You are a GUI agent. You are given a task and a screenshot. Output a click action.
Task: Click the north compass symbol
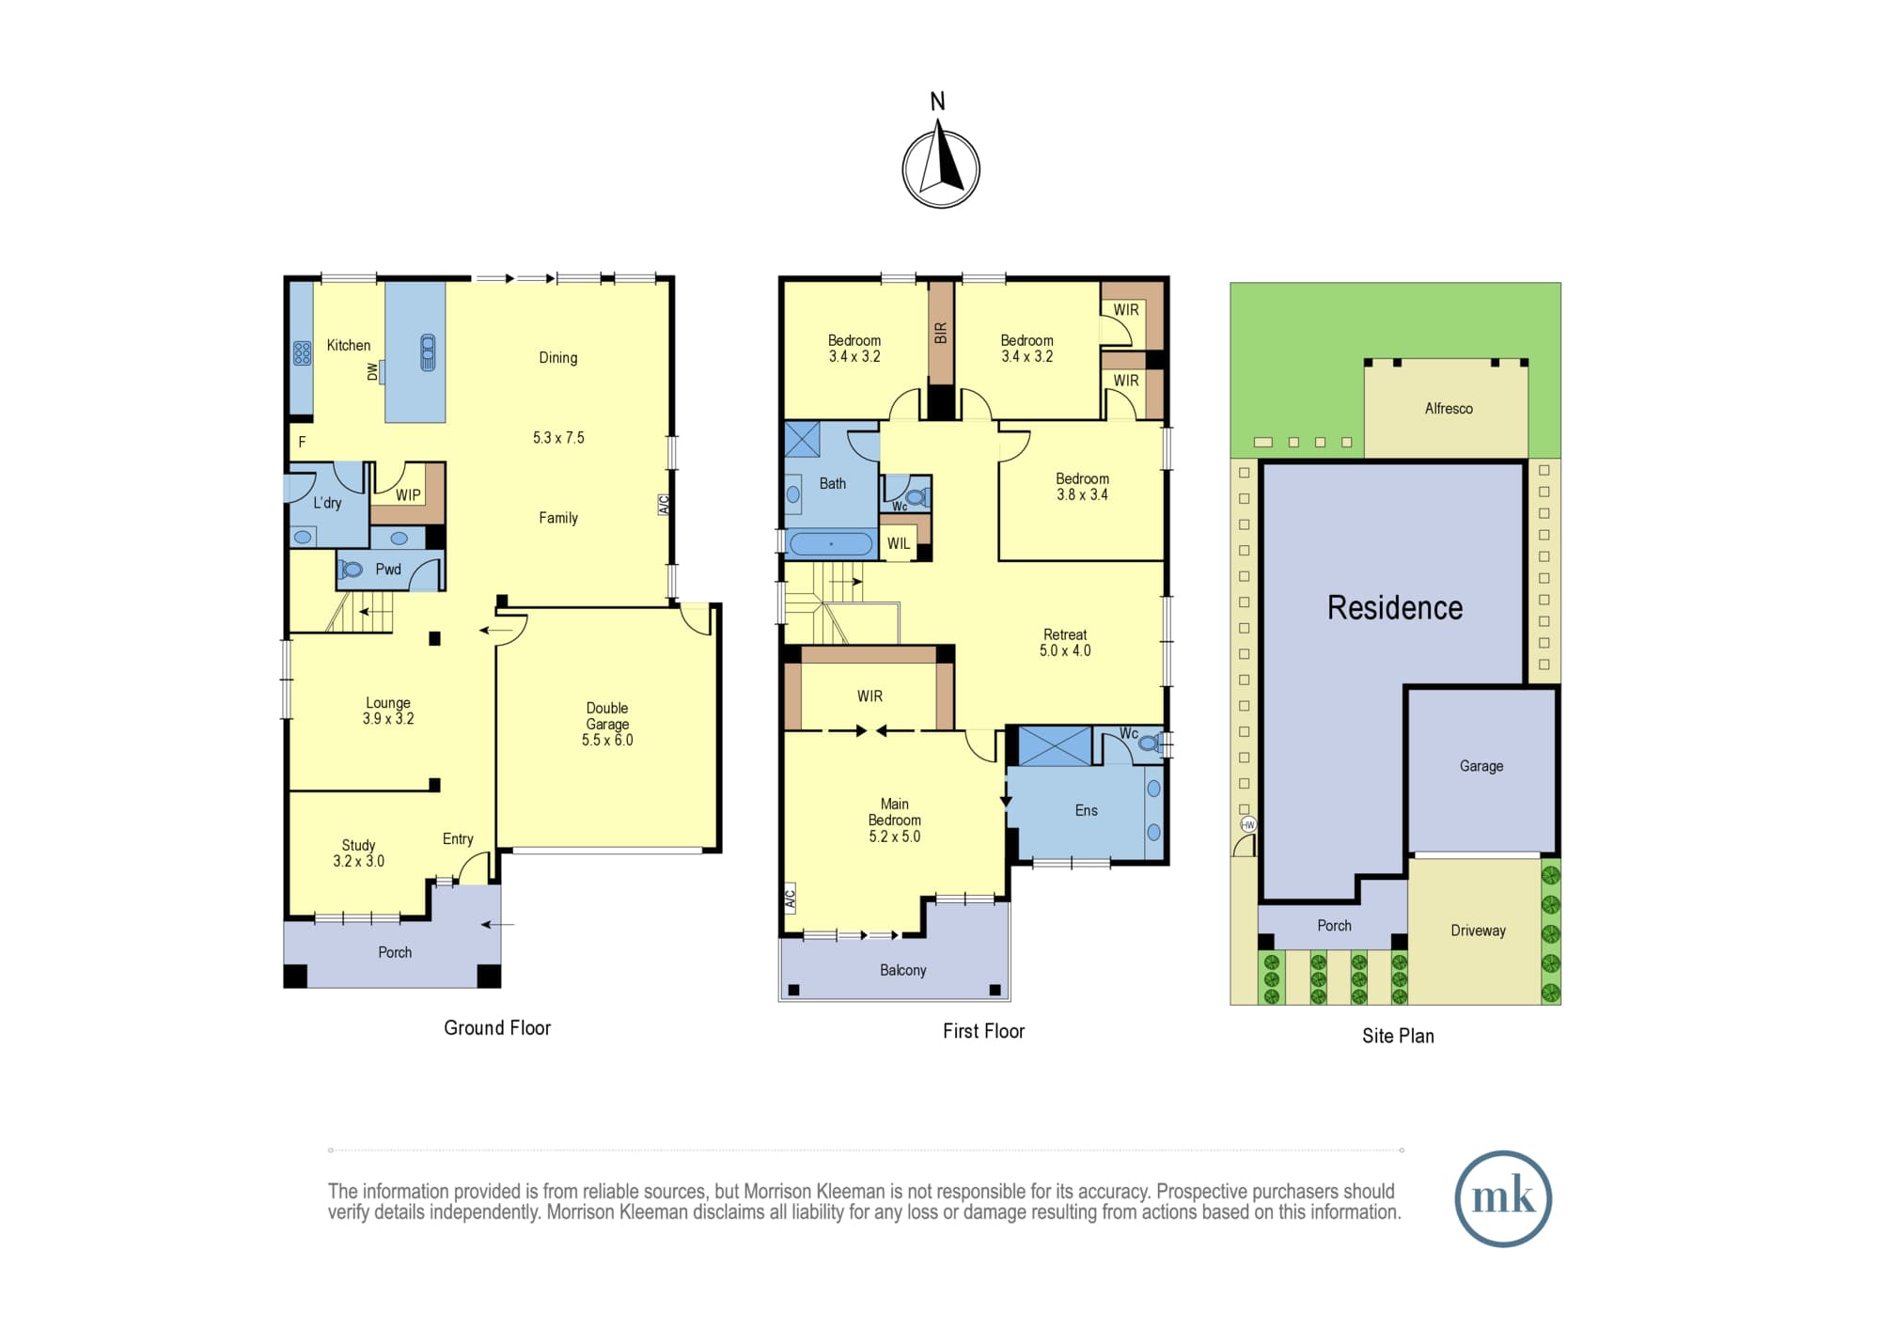(x=941, y=168)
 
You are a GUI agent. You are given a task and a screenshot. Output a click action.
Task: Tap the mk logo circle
(x=1503, y=1198)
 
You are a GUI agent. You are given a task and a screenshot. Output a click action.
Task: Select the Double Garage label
(x=607, y=724)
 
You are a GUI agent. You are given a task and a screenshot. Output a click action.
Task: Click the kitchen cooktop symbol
(x=302, y=353)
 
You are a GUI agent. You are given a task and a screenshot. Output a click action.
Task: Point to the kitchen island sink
(x=428, y=352)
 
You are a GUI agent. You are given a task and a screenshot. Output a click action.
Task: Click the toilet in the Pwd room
(x=352, y=570)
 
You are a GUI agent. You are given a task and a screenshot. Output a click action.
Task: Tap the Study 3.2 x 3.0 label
(x=358, y=853)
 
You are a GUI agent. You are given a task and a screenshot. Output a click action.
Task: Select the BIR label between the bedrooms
(x=941, y=333)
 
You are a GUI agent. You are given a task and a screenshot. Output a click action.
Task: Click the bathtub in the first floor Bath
(x=830, y=544)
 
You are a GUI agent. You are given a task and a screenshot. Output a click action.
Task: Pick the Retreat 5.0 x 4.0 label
(x=1065, y=643)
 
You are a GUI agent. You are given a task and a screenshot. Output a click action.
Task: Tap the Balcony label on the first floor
(x=902, y=970)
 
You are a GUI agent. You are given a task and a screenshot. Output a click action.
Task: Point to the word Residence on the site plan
(x=1395, y=608)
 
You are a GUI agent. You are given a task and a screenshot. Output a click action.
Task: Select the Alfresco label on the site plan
(x=1449, y=409)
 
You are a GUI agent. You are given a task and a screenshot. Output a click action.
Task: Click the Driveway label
(x=1478, y=930)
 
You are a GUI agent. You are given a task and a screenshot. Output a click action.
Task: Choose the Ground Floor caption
(x=497, y=1028)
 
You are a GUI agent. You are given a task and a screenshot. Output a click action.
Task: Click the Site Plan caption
(x=1398, y=1036)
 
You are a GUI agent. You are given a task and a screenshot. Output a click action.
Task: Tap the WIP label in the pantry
(x=408, y=495)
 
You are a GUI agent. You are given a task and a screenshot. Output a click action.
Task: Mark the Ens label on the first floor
(x=1086, y=810)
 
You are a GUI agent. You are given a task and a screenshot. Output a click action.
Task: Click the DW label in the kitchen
(x=373, y=372)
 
